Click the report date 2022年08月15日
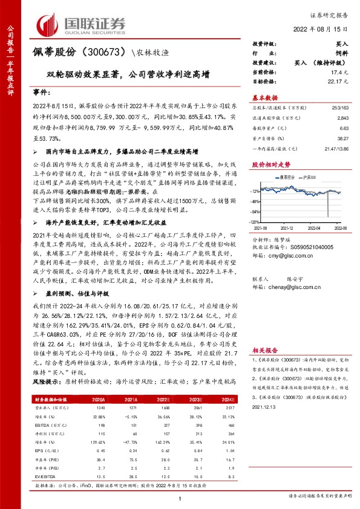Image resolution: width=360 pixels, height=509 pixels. click(x=325, y=29)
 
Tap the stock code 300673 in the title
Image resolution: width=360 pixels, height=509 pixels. click(x=108, y=53)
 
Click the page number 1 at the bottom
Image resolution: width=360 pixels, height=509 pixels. click(x=180, y=497)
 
